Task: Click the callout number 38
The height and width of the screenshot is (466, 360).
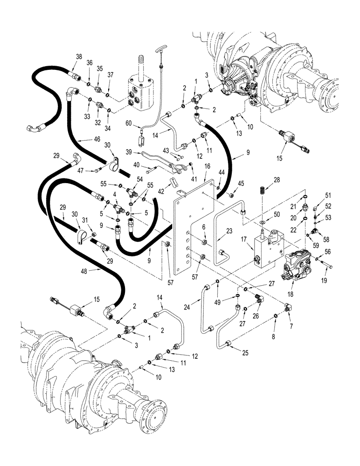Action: tap(79, 56)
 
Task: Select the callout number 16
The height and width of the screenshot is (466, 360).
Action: tap(207, 165)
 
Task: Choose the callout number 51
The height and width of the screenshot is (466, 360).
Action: tap(327, 195)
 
